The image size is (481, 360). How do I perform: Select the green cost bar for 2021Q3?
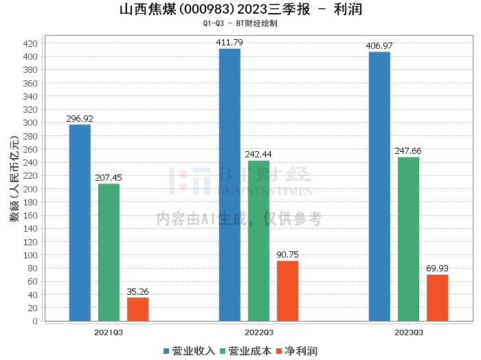point(109,252)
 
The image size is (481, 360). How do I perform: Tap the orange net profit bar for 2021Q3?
point(137,309)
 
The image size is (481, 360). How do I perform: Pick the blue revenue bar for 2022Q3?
point(230,185)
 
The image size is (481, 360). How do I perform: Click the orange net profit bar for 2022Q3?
point(288,291)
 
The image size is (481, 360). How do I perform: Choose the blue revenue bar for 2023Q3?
point(379,186)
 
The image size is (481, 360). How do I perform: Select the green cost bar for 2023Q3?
point(408,239)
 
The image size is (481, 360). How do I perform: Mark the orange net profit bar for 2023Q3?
point(437,297)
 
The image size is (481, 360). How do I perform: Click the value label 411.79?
point(230,43)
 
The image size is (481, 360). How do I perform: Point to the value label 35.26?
point(137,291)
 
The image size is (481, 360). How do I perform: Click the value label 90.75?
point(288,255)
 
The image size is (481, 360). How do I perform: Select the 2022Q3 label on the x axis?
point(258,332)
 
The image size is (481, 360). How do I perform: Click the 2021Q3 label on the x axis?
point(109,332)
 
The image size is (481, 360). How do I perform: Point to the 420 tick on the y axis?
point(30,43)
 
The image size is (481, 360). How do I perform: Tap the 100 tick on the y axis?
point(30,255)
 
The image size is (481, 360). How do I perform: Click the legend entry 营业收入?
point(190,350)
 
